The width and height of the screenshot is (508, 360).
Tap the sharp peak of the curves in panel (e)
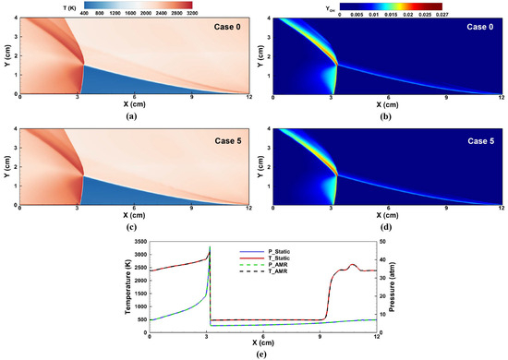[210, 247]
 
